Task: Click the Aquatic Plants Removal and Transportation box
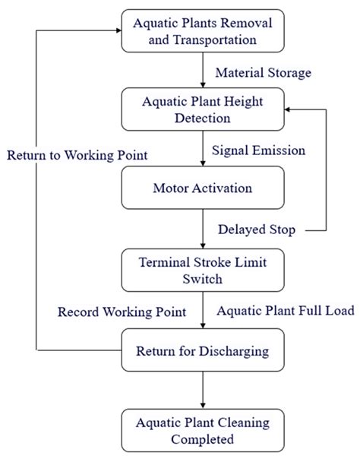point(202,31)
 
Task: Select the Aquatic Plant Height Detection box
point(202,109)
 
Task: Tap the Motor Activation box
point(202,188)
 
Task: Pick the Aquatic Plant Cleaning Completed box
point(202,429)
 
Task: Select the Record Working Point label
point(122,312)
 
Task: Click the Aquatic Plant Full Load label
point(285,312)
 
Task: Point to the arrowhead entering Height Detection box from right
point(287,109)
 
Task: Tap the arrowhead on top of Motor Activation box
point(203,164)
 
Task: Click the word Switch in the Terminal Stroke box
point(202,279)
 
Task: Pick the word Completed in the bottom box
point(202,439)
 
